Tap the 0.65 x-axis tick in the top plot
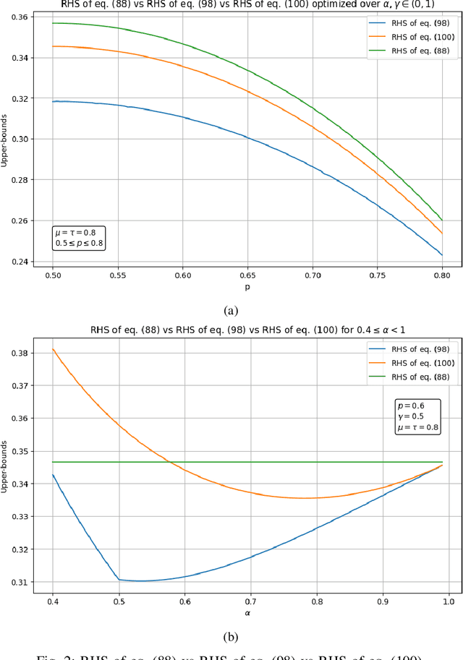coord(247,276)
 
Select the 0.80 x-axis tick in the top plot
coord(442,276)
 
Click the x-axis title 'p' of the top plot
coord(247,287)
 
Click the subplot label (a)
coord(231,311)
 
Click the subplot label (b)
coord(231,636)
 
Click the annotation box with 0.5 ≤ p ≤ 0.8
coord(79,238)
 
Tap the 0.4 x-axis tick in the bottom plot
coord(52,601)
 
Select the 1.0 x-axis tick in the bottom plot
coord(449,601)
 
